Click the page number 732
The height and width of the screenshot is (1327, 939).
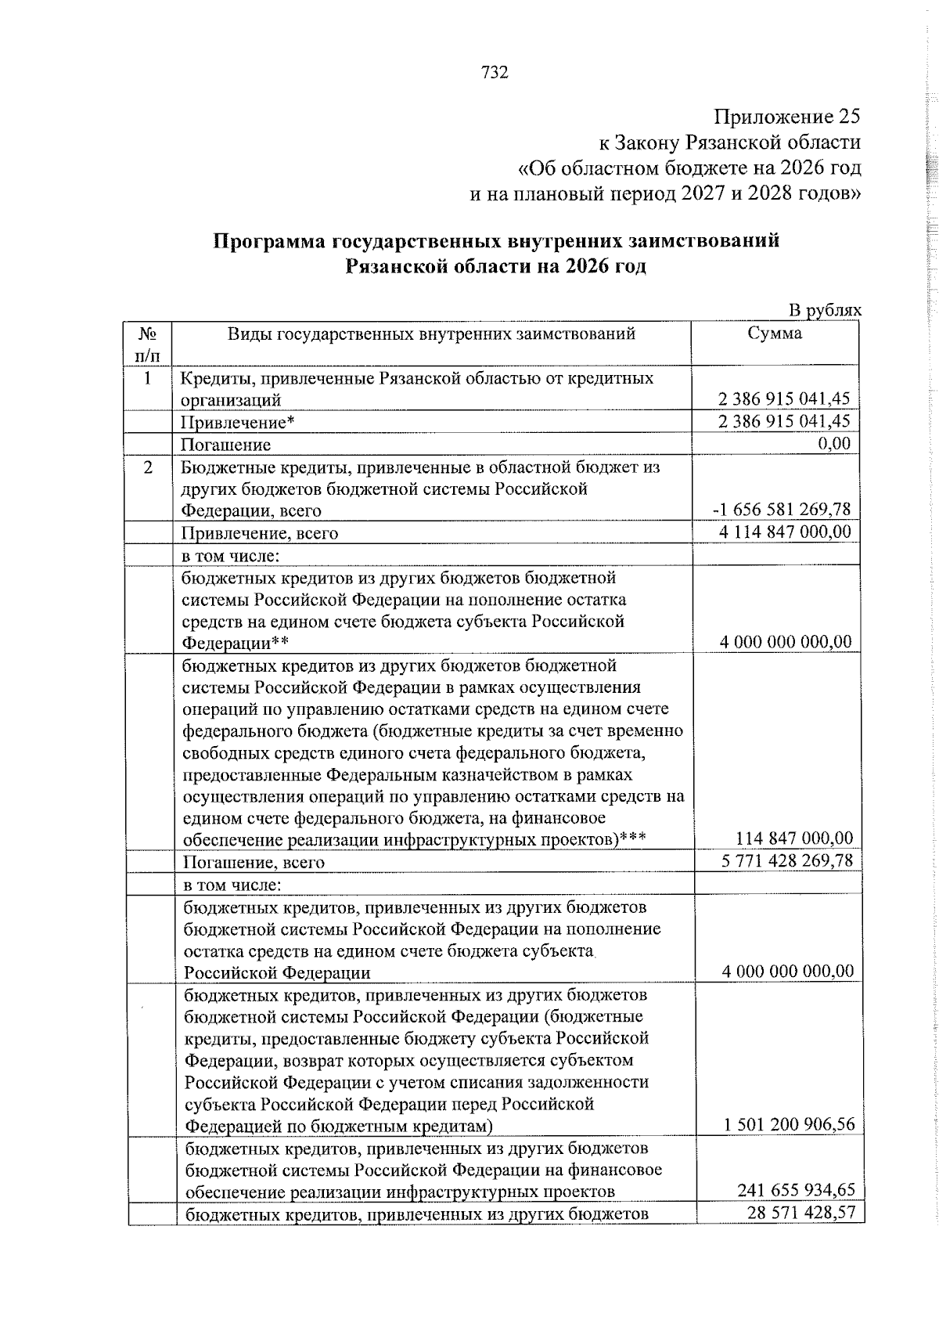(x=495, y=73)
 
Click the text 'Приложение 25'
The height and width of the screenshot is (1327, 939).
(x=786, y=117)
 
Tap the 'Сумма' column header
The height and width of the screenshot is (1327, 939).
(x=774, y=334)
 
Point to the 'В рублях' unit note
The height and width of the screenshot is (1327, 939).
(x=825, y=311)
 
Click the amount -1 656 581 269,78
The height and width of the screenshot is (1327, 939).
(x=781, y=510)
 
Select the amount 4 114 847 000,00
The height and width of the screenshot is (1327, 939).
(x=783, y=532)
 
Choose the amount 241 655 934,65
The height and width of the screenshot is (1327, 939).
(x=796, y=1191)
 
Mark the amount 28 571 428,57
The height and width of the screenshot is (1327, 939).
(x=802, y=1213)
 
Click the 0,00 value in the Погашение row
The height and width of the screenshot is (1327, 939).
(x=834, y=444)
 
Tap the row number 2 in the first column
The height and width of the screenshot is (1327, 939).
(x=148, y=467)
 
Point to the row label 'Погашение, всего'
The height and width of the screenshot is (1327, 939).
(x=254, y=863)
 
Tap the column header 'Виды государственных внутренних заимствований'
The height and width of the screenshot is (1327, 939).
(x=431, y=334)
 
